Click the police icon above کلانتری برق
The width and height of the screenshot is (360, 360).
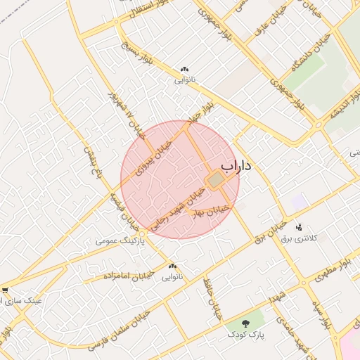[x=300, y=227]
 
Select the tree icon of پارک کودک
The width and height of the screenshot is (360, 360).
[x=245, y=324]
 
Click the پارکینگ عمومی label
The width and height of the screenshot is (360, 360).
[x=120, y=241]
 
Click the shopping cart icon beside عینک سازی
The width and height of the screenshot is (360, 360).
[x=4, y=290]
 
